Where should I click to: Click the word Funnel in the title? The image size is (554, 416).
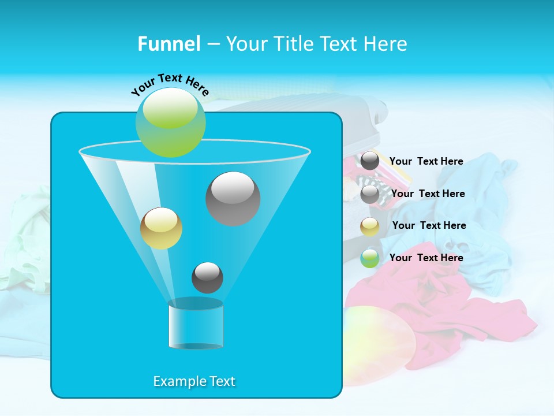click(169, 44)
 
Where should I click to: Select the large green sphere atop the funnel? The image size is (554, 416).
click(170, 122)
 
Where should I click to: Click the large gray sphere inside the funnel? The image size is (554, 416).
click(233, 199)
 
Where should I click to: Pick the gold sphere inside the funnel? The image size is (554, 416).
click(161, 228)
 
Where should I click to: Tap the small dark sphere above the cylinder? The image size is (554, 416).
click(207, 277)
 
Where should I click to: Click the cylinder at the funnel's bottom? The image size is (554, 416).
click(196, 325)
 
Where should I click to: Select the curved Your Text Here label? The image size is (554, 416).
click(170, 85)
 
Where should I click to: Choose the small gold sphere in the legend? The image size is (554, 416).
click(370, 226)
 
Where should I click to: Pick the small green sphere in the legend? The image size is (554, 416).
click(370, 258)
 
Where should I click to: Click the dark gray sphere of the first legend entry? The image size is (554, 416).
click(370, 161)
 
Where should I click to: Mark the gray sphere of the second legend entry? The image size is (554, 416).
click(370, 194)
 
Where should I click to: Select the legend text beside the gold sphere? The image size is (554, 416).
click(429, 225)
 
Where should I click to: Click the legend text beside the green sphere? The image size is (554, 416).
click(426, 258)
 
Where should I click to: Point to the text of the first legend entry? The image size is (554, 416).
click(426, 161)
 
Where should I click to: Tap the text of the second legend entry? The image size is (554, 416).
click(428, 194)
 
